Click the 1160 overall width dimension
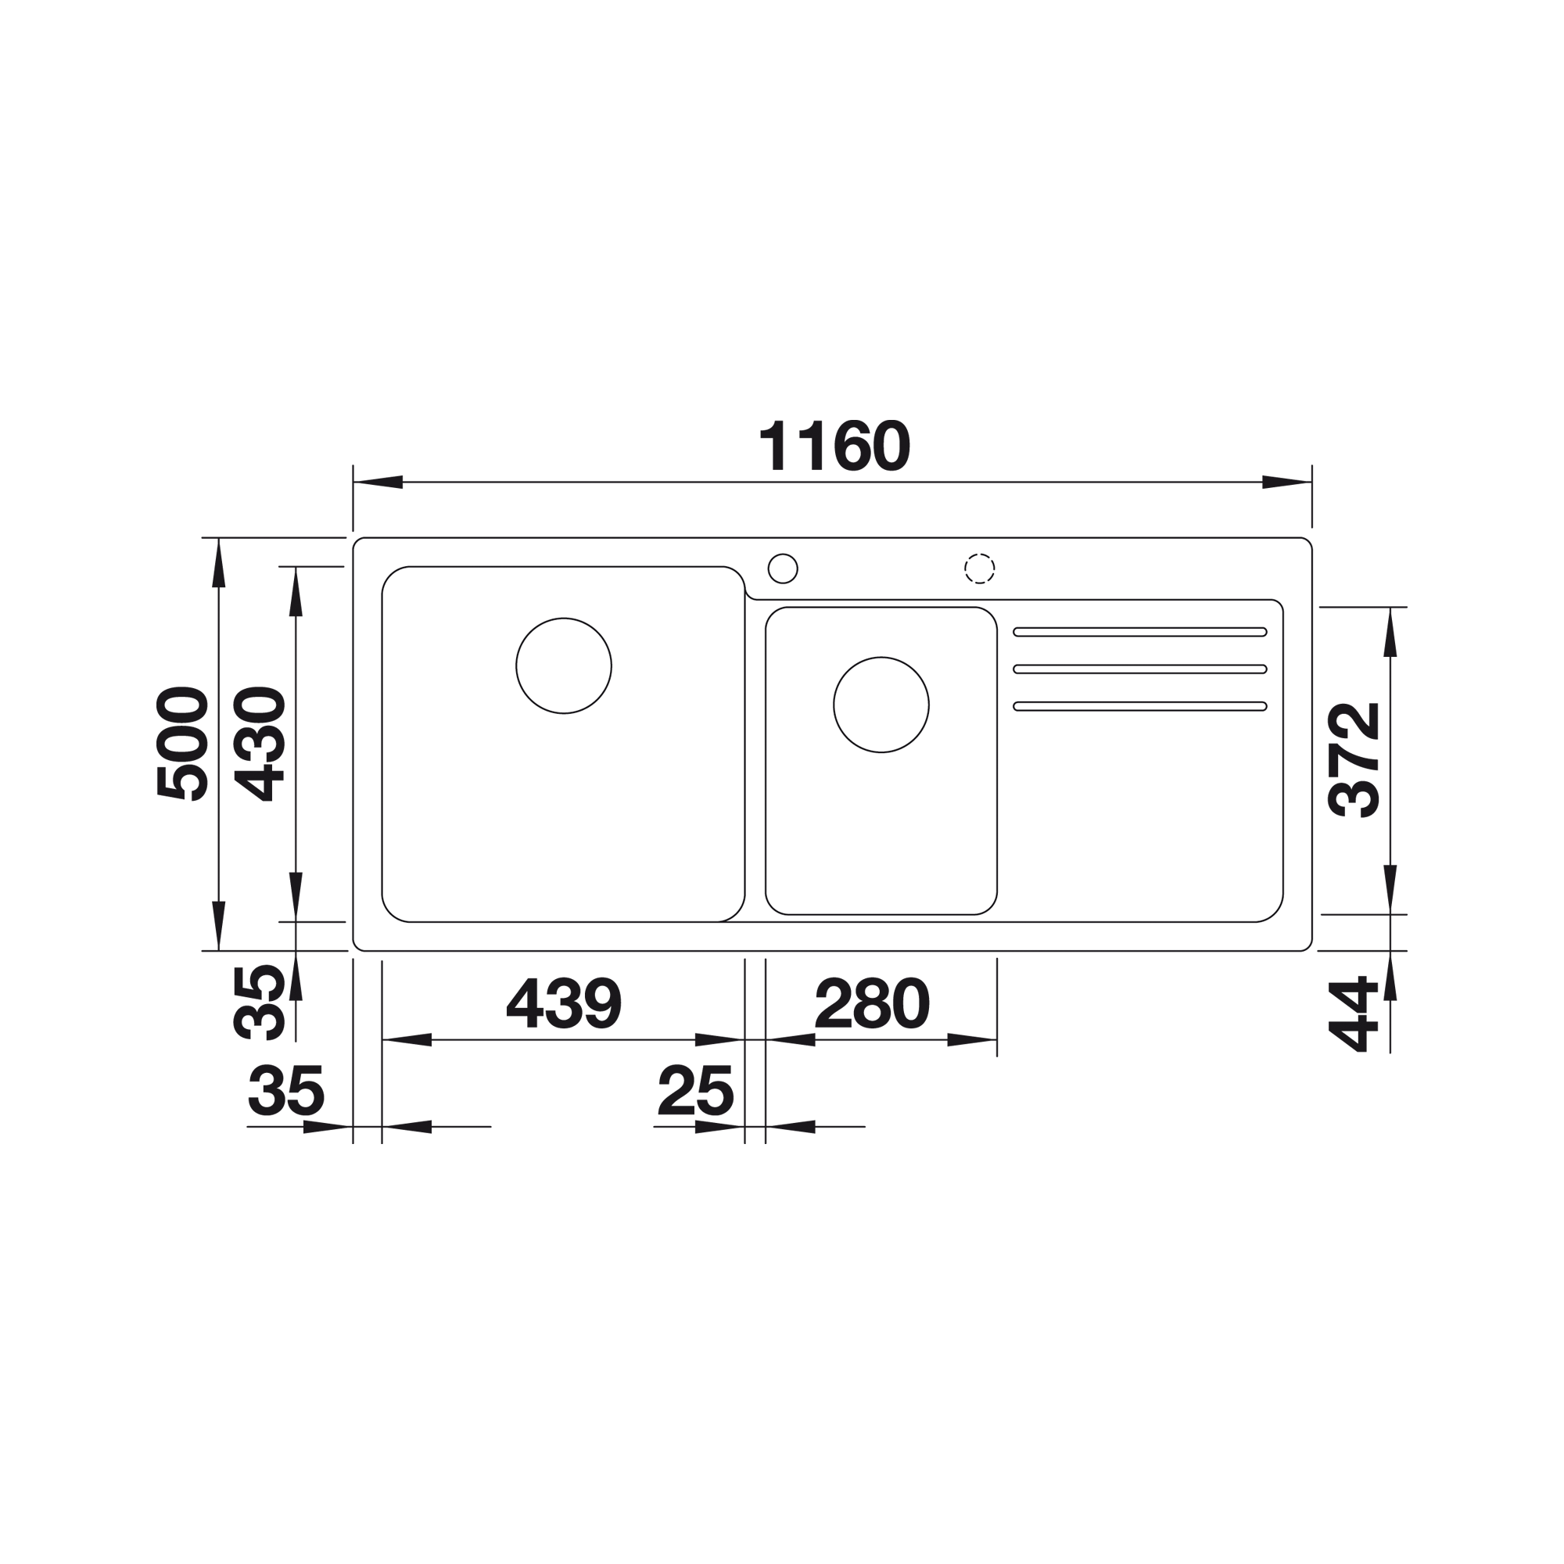[x=834, y=445]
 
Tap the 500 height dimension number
[x=183, y=744]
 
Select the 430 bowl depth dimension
[x=259, y=744]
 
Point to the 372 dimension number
[x=1354, y=759]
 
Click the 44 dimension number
[x=1354, y=1013]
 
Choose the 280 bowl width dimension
[x=872, y=1003]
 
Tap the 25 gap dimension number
[x=696, y=1089]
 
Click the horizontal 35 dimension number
[x=285, y=1089]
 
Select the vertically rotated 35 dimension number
[x=259, y=1003]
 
